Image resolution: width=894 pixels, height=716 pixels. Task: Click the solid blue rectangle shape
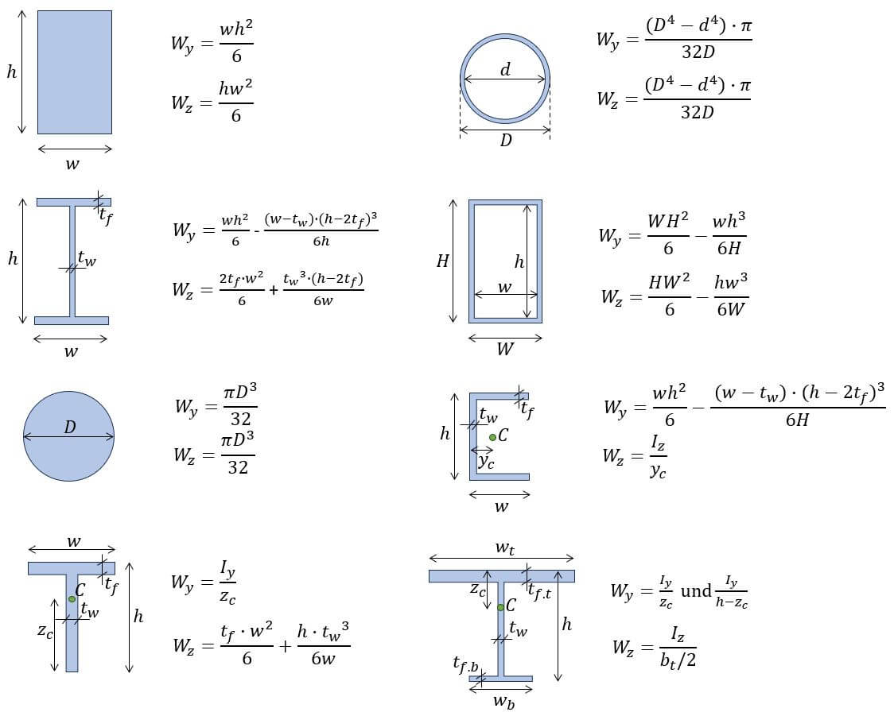[74, 72]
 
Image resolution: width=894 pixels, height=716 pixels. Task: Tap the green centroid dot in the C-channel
[493, 437]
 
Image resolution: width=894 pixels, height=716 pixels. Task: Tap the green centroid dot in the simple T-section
[72, 598]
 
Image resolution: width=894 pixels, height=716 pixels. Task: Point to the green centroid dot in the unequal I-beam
[500, 607]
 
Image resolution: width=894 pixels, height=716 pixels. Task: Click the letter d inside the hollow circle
[505, 70]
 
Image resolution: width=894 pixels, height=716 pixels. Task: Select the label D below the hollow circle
[506, 141]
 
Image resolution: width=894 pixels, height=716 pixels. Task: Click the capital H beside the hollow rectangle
[442, 261]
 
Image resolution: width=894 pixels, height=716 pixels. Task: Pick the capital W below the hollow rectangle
[505, 349]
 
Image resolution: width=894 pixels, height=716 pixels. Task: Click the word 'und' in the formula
[696, 591]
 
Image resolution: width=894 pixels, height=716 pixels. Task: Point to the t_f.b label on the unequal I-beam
[465, 664]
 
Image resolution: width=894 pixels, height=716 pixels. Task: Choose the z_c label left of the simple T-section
[45, 631]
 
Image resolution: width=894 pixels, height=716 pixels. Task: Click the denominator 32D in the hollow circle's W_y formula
[698, 52]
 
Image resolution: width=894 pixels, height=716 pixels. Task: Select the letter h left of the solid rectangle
[11, 72]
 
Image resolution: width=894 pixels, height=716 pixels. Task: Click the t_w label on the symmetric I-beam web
[87, 258]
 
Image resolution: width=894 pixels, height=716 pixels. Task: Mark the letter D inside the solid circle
[70, 428]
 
